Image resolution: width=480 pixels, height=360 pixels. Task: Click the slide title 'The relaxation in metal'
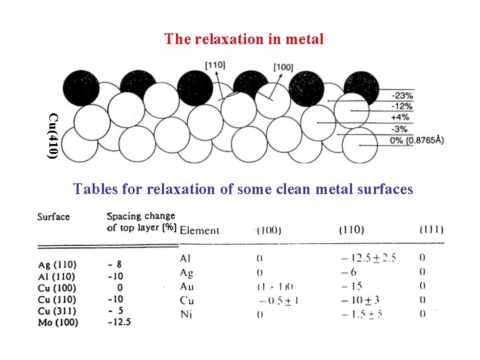(244, 39)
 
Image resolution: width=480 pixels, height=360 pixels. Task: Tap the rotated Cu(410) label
(53, 136)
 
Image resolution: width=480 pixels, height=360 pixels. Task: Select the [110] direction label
(215, 65)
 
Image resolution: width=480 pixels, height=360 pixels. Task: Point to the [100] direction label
(283, 67)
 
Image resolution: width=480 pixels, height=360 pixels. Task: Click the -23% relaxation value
(403, 95)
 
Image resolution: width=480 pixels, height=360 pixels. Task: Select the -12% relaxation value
(403, 107)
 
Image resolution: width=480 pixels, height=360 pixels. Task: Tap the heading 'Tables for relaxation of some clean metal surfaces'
(243, 189)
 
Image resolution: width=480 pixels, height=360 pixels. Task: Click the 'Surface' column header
(53, 217)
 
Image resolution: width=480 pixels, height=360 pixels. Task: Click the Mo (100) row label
(58, 323)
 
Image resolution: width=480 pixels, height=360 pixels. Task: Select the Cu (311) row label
(57, 311)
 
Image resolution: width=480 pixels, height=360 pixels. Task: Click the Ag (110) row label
(57, 265)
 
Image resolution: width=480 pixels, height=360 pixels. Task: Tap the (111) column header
(432, 230)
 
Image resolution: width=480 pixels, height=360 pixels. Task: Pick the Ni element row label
(186, 315)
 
